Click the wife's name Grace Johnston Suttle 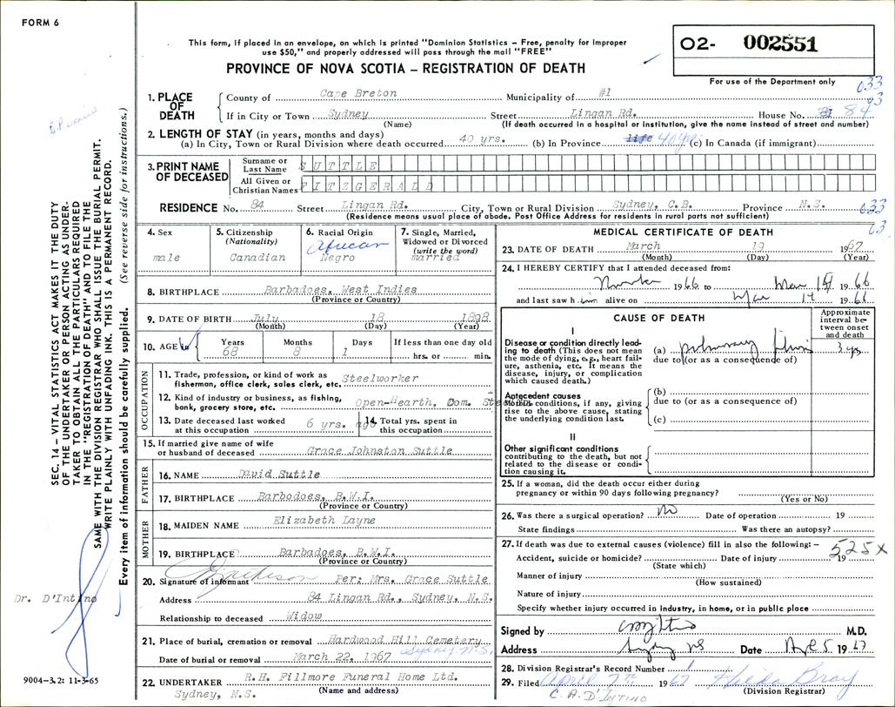(379, 451)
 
